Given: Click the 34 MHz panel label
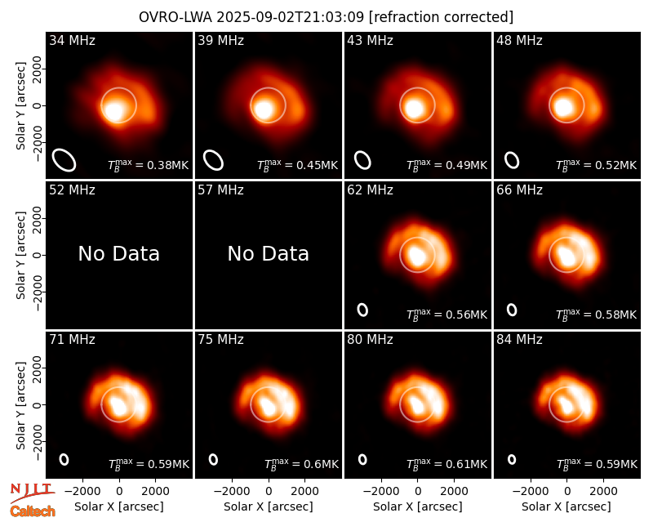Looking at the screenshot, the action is [x=72, y=40].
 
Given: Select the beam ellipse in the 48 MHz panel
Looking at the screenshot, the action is [x=512, y=160].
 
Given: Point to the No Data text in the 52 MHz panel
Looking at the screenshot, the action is [x=118, y=253].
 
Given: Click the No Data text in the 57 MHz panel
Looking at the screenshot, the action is [x=269, y=253].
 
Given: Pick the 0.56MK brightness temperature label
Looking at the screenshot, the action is [x=446, y=314].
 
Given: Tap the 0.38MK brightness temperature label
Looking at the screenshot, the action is [x=149, y=165].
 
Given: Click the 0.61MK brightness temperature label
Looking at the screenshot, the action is [x=446, y=463].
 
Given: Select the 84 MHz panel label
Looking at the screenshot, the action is [x=519, y=340].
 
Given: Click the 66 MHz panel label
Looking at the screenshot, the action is [x=519, y=190].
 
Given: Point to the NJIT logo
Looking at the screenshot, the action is [x=33, y=492].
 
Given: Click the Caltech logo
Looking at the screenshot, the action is [x=33, y=511].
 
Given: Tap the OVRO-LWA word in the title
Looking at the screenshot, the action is [x=175, y=17].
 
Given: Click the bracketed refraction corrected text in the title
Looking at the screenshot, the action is [x=441, y=17].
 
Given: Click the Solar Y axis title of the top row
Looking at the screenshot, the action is [x=20, y=106].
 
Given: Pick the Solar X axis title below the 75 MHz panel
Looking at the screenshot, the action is [x=269, y=506].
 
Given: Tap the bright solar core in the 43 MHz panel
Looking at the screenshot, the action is [x=414, y=107].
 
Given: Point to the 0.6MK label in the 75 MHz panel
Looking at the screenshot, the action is [x=301, y=463].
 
